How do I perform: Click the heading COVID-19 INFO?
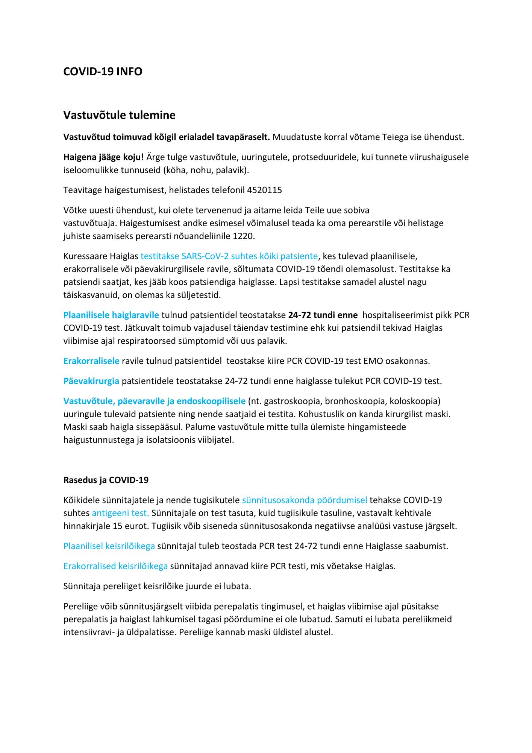(103, 72)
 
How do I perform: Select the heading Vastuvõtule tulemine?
(119, 115)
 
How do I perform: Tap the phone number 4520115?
(264, 190)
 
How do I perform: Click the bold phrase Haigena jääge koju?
(103, 157)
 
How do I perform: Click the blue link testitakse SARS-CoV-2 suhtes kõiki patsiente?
(229, 256)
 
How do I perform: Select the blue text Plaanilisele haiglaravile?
(111, 315)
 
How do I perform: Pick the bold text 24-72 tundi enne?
(323, 315)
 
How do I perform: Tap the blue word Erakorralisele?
(91, 361)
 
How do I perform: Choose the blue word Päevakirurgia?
(91, 381)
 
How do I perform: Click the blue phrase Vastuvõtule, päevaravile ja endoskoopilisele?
(154, 401)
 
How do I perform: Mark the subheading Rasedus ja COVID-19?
(106, 480)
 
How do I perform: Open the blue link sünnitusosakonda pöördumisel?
(305, 500)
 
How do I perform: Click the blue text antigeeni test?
(120, 513)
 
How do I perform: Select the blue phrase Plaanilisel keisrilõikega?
(109, 546)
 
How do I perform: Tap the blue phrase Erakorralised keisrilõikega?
(115, 566)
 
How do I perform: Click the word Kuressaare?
(85, 256)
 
